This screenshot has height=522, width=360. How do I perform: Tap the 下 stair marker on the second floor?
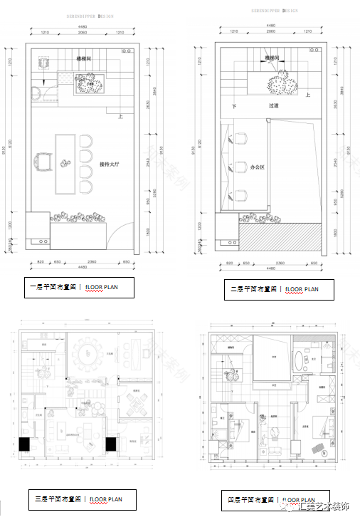[233, 106]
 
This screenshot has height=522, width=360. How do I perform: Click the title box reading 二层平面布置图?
[273, 289]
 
